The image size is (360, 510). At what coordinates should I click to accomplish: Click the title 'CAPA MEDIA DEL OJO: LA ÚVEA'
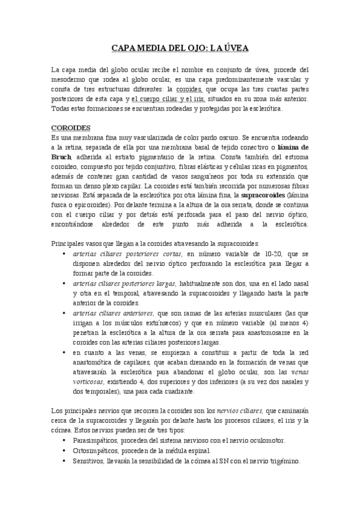pos(180,48)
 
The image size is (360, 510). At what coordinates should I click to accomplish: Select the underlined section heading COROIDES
pos(71,128)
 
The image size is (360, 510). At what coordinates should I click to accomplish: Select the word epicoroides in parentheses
pos(89,205)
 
